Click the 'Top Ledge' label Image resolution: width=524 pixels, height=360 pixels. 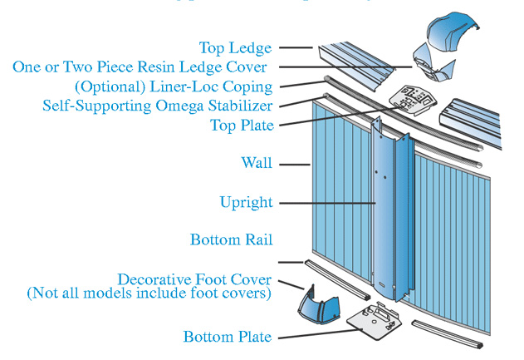click(235, 47)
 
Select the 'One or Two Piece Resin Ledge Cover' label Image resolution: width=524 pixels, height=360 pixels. click(140, 67)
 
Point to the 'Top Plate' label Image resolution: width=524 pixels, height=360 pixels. click(241, 126)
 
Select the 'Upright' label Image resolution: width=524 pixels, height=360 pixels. click(246, 202)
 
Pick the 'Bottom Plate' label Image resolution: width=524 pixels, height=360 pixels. click(227, 337)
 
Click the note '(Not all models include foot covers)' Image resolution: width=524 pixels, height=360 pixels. click(149, 293)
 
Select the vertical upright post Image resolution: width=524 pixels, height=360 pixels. click(390, 208)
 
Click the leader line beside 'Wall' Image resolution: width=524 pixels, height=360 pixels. click(294, 164)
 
